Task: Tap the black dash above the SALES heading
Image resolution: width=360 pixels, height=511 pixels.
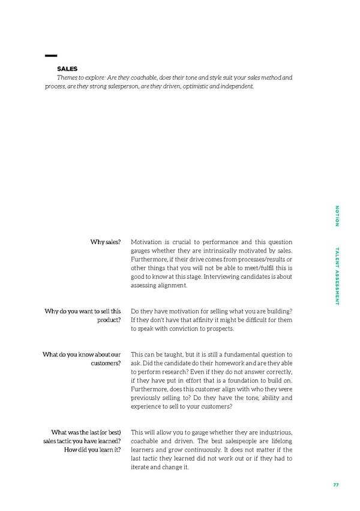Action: click(50, 56)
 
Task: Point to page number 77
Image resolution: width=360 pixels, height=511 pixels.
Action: click(335, 486)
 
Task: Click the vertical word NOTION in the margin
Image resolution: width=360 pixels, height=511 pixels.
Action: click(337, 216)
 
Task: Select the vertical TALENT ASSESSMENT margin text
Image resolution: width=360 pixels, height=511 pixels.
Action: click(337, 276)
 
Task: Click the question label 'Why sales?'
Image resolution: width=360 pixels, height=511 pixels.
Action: click(106, 242)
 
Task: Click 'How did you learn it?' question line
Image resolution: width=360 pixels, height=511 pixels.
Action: click(92, 450)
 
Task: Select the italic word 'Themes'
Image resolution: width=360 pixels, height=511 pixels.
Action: click(68, 77)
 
